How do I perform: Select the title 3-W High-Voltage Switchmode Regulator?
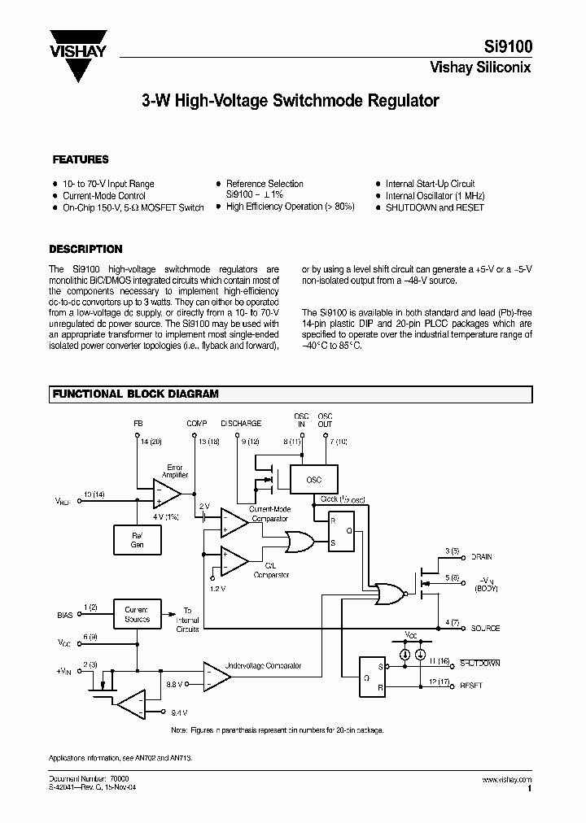291,102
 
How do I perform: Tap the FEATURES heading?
81,160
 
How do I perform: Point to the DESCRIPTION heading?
85,250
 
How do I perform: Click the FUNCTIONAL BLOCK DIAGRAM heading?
136,394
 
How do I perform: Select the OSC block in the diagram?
314,480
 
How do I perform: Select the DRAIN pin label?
482,557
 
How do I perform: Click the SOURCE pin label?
486,629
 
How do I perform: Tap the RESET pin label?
471,686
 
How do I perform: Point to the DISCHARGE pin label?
242,424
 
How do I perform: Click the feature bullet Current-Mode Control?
104,196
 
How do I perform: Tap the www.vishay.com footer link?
508,779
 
